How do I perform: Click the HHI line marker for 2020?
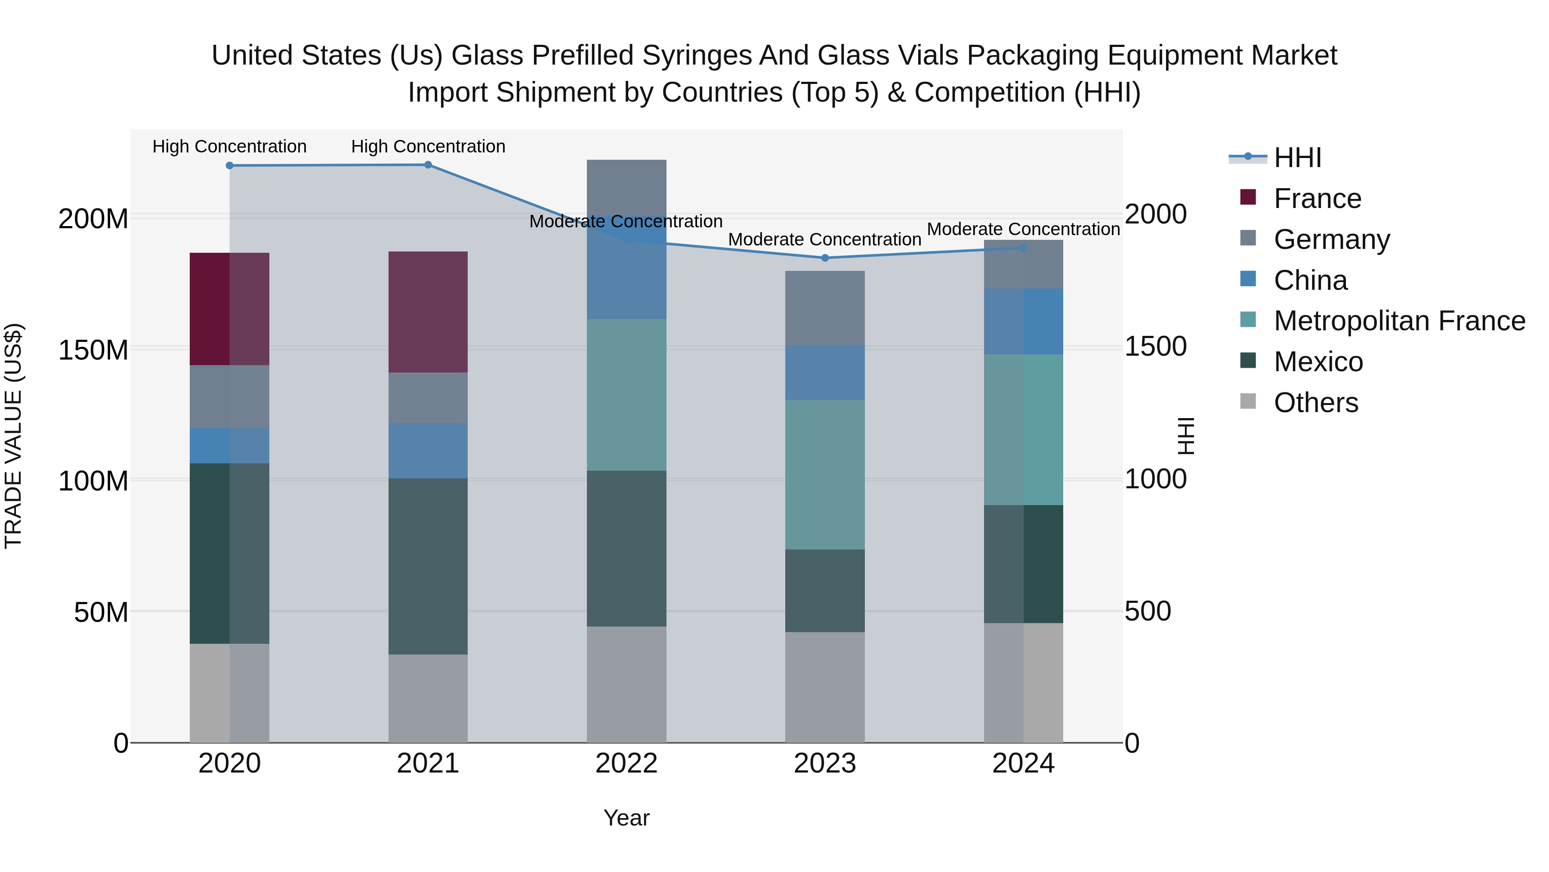(230, 165)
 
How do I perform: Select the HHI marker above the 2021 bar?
(428, 165)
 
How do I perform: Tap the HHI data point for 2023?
(825, 258)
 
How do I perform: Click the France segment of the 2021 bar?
(428, 312)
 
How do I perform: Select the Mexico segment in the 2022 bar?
(626, 548)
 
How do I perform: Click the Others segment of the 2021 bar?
(428, 698)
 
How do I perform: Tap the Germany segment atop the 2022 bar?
(626, 186)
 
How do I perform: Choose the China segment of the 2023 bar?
(825, 372)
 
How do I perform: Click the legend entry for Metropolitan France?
(1399, 321)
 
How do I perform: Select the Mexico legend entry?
(1318, 362)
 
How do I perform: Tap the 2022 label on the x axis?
(626, 763)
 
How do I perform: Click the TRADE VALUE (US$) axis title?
(13, 436)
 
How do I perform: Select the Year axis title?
(626, 818)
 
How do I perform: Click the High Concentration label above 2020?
(230, 146)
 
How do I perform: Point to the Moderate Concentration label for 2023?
(825, 239)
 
